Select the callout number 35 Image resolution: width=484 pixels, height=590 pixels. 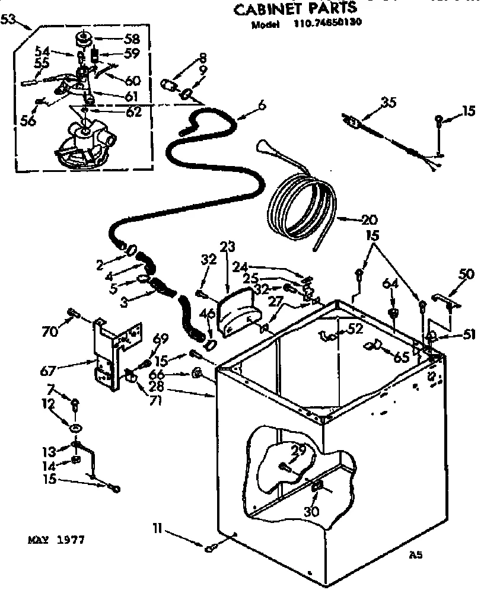pos(388,103)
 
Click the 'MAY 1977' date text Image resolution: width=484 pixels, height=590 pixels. pos(57,540)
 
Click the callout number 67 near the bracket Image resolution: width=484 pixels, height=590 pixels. pos(48,371)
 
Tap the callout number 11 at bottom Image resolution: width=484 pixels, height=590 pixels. pos(157,525)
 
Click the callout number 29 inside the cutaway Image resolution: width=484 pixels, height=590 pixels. pos(299,451)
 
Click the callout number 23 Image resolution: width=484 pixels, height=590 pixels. pos(228,247)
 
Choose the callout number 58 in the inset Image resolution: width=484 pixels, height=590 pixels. pos(132,39)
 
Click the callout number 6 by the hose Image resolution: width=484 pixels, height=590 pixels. pos(262,106)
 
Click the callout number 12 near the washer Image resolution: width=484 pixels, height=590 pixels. pos(47,405)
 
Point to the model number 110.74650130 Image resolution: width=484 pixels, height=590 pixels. pos(327,25)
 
